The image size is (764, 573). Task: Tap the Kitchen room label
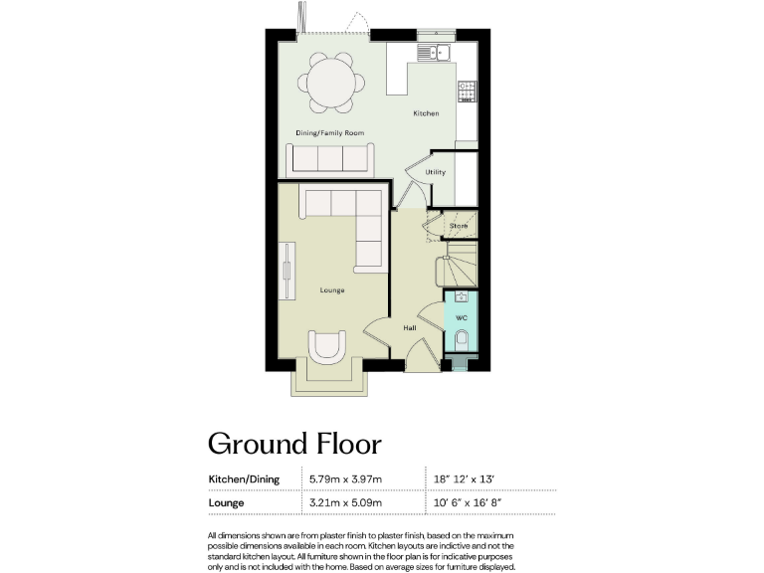click(426, 113)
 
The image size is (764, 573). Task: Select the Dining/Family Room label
click(329, 132)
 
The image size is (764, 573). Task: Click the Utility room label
click(435, 172)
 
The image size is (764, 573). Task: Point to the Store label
click(458, 226)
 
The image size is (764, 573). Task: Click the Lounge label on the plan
click(331, 290)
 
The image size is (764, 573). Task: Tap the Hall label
click(409, 326)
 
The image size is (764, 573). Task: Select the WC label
click(461, 317)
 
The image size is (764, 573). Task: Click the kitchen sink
click(435, 51)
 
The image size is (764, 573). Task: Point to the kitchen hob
click(467, 92)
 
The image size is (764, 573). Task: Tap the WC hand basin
click(461, 296)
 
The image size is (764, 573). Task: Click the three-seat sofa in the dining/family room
click(328, 158)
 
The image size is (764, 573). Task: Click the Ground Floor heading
click(293, 443)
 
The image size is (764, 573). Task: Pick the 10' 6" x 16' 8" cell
click(468, 502)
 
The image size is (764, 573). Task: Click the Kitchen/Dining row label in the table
click(244, 478)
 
